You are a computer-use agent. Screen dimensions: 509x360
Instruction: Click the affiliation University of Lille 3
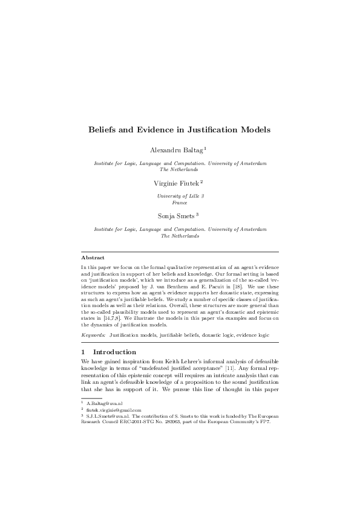[x=180, y=196]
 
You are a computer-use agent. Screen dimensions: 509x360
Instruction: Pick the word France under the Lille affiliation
[x=180, y=203]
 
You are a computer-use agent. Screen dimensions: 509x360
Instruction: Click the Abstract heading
[x=93, y=258]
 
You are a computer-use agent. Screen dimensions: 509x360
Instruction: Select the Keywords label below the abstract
[x=94, y=334]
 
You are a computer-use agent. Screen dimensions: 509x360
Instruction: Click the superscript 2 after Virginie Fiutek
[x=201, y=180]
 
